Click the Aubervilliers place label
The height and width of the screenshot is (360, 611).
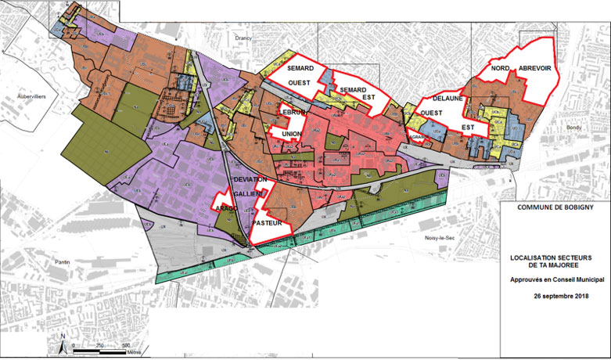pos(23,97)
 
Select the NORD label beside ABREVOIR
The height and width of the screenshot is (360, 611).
pos(501,69)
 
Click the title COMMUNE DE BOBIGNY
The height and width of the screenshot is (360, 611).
pos(555,207)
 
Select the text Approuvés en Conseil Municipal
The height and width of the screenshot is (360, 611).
pos(554,279)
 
